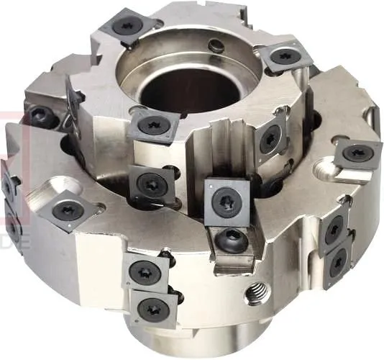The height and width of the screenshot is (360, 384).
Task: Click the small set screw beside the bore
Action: coord(214,48)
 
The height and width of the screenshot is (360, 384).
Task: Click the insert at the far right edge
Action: coord(357,153)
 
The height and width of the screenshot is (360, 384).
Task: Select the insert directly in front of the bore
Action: coord(152,127)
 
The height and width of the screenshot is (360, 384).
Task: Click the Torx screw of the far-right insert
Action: coord(357,153)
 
